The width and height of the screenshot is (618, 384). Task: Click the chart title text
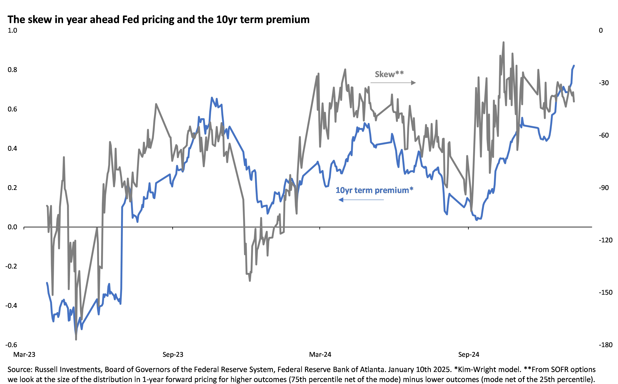[x=158, y=19]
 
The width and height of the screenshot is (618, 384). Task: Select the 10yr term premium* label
[x=374, y=190]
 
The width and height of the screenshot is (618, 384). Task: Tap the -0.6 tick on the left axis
[x=11, y=345]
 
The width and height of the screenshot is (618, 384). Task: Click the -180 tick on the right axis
[x=605, y=345]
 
